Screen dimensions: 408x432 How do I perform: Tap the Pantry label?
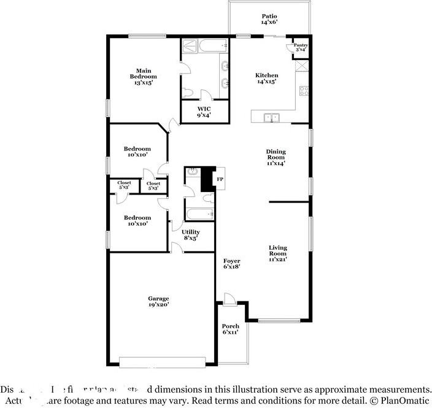pos(301,45)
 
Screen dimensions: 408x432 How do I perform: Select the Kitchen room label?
pos(267,75)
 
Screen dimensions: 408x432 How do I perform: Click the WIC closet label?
pos(204,109)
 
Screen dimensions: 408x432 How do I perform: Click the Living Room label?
pos(277,250)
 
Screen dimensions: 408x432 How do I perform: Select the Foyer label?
pos(231,261)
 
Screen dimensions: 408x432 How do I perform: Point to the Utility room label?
pos(191,232)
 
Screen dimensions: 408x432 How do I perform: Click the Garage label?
pos(158,298)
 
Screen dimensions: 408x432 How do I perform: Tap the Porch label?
pos(231,326)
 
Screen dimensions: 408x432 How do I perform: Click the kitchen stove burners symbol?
pos(303,91)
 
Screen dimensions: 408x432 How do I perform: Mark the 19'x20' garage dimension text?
pos(158,304)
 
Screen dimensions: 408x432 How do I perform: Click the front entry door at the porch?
pos(229,299)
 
